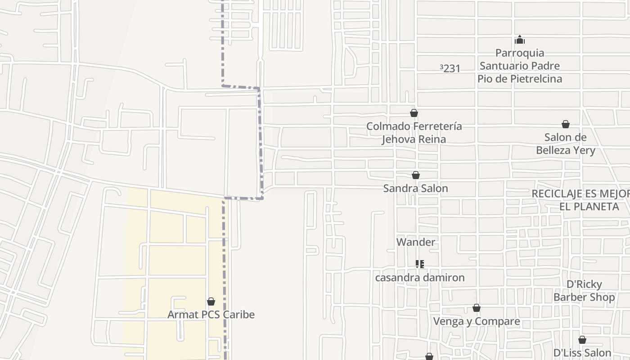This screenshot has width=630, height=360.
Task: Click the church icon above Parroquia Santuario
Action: tap(520, 40)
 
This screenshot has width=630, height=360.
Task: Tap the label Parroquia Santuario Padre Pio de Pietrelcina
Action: tap(520, 66)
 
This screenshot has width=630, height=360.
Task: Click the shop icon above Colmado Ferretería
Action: tap(414, 113)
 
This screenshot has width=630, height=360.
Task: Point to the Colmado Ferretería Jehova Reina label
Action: tap(414, 132)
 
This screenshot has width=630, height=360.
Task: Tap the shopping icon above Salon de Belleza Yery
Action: tap(566, 124)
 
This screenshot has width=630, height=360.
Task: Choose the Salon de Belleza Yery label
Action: tap(565, 144)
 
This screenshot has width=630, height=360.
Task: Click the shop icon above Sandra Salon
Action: tap(416, 175)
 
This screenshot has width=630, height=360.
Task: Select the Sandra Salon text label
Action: tap(415, 188)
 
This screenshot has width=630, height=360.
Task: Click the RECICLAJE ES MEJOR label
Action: tap(580, 200)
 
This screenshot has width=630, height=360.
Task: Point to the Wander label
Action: tap(415, 242)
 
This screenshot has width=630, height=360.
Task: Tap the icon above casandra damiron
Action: tap(419, 264)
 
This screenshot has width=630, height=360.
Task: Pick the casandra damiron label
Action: tap(419, 277)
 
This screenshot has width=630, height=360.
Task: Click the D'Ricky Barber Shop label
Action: tap(584, 291)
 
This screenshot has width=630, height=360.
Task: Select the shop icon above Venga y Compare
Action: tap(477, 308)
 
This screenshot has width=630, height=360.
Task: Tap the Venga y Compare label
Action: tap(476, 321)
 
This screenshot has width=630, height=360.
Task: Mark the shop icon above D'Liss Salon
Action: tap(582, 340)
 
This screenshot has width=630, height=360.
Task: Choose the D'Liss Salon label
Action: tap(582, 353)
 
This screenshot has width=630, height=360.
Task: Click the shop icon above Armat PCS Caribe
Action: tap(211, 301)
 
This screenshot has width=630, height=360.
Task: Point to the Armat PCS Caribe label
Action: tap(211, 315)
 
